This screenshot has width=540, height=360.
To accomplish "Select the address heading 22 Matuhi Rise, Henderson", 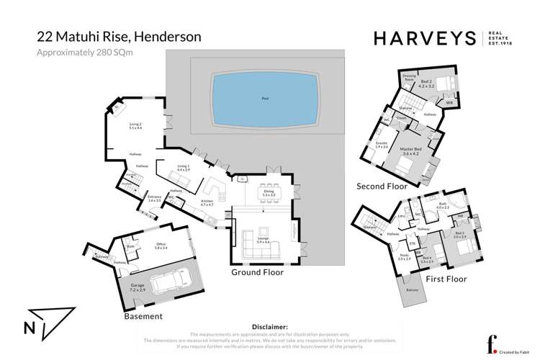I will tap(119, 36).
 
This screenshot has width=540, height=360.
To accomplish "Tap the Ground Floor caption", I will tap(257, 273).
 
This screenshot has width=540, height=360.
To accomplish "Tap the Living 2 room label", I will tap(136, 125).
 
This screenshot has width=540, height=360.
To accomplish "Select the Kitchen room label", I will tap(208, 202).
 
